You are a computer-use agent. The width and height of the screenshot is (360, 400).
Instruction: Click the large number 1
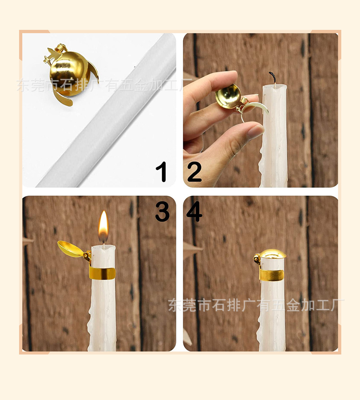pyautogui.click(x=162, y=173)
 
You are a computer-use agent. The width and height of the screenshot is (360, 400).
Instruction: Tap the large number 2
pyautogui.click(x=194, y=173)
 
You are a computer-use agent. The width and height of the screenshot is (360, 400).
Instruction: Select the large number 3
pyautogui.click(x=162, y=211)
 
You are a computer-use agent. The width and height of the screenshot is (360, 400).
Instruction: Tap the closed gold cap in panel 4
pyautogui.click(x=274, y=254)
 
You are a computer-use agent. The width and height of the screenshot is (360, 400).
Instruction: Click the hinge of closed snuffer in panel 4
pyautogui.click(x=257, y=259)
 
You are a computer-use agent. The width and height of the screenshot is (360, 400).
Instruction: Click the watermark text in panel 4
pyautogui.click(x=256, y=306)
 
